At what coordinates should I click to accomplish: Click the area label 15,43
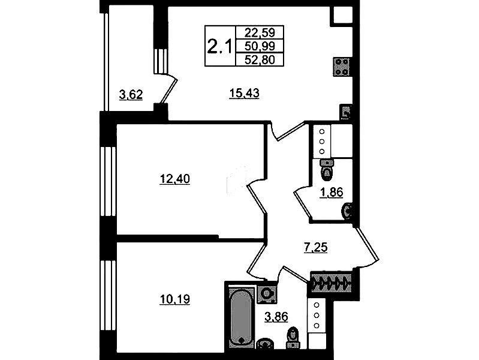tap(244, 92)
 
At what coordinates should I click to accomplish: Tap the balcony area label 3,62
tap(131, 95)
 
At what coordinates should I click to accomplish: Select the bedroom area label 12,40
tap(174, 179)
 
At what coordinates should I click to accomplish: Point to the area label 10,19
tap(174, 299)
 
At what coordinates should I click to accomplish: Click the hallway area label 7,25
tap(315, 247)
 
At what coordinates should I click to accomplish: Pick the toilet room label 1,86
tap(332, 192)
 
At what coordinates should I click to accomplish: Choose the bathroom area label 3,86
tap(276, 316)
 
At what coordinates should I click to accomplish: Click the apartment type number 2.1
tap(219, 46)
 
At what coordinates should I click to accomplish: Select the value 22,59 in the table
tap(260, 32)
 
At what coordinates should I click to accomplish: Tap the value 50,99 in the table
tap(260, 46)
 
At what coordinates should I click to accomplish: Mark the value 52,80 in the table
tap(260, 59)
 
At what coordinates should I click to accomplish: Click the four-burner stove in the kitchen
tap(342, 67)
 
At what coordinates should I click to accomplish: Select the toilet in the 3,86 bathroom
tap(293, 337)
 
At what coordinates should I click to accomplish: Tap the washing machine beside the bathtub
tap(267, 293)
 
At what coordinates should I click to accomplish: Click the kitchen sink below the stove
tap(345, 112)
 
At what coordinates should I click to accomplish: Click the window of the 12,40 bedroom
tap(108, 181)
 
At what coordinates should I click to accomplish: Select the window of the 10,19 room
tap(108, 295)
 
